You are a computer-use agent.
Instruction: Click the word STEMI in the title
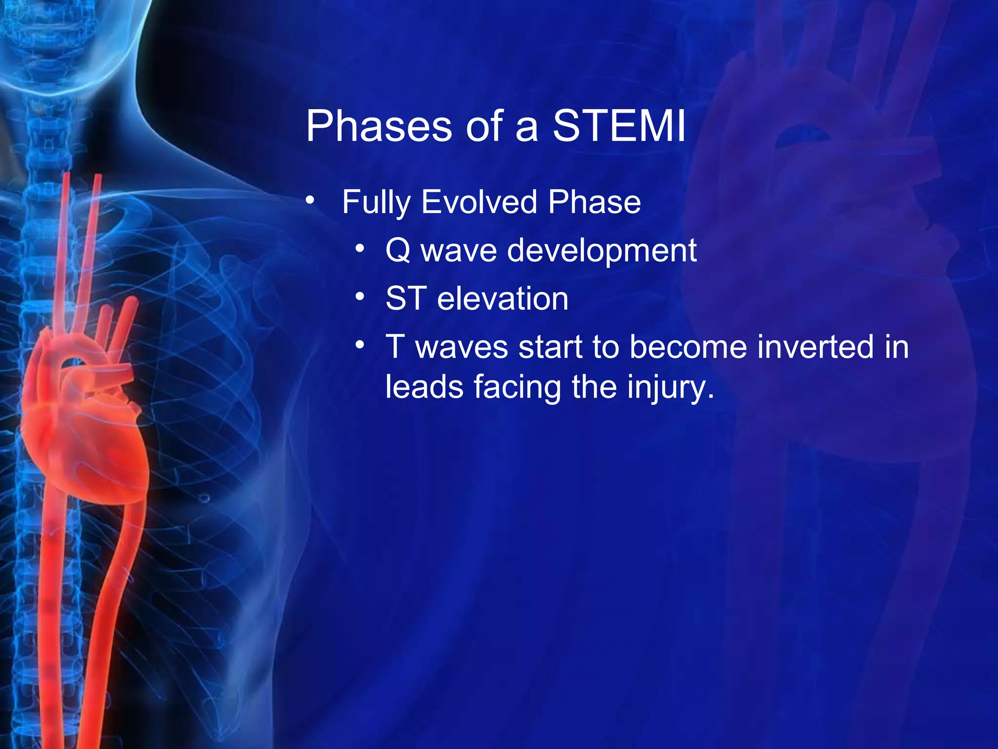619,126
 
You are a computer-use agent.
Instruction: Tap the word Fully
376,202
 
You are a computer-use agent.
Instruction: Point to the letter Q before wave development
398,251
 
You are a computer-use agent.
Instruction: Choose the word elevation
502,298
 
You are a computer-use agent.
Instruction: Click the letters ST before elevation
406,298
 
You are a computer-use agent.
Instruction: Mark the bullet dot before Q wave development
360,249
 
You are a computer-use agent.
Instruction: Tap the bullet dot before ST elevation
360,296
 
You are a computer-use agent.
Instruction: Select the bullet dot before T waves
360,345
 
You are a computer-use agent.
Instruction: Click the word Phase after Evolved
594,202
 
